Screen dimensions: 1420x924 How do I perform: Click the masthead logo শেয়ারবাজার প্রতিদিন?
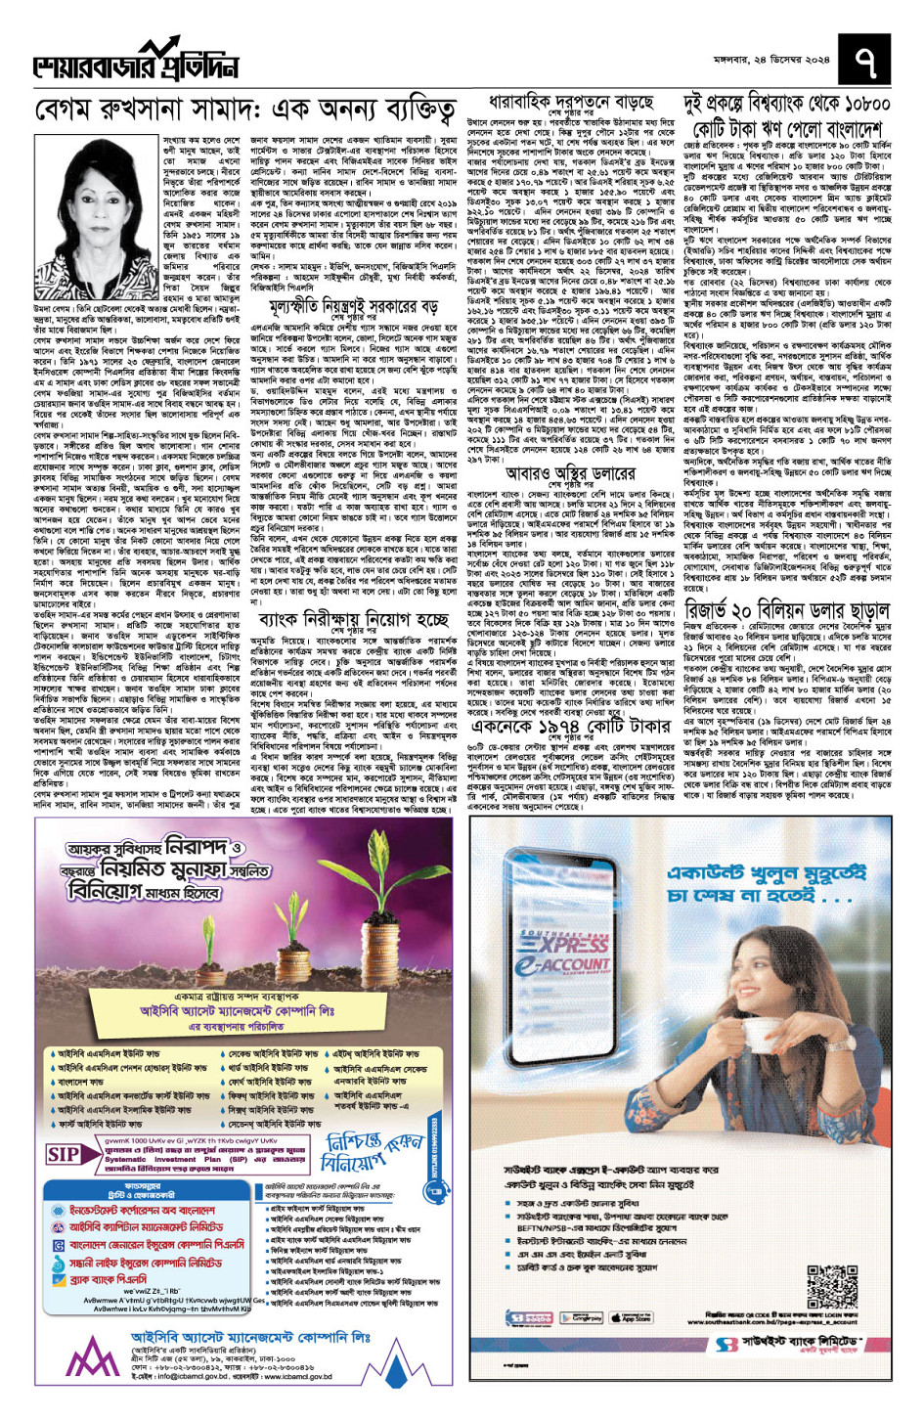[136, 62]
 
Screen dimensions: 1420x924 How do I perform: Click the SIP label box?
[64, 1154]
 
